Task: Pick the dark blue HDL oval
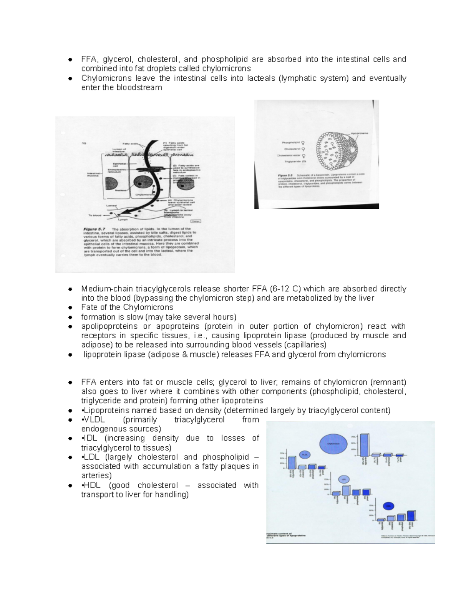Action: pyautogui.click(x=389, y=506)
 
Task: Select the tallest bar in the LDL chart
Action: pyautogui.click(x=346, y=490)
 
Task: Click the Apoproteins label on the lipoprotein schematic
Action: pyautogui.click(x=359, y=133)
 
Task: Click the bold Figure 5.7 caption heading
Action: pyautogui.click(x=94, y=229)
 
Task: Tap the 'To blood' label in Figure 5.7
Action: pyautogui.click(x=95, y=216)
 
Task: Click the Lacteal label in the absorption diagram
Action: pyautogui.click(x=112, y=206)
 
